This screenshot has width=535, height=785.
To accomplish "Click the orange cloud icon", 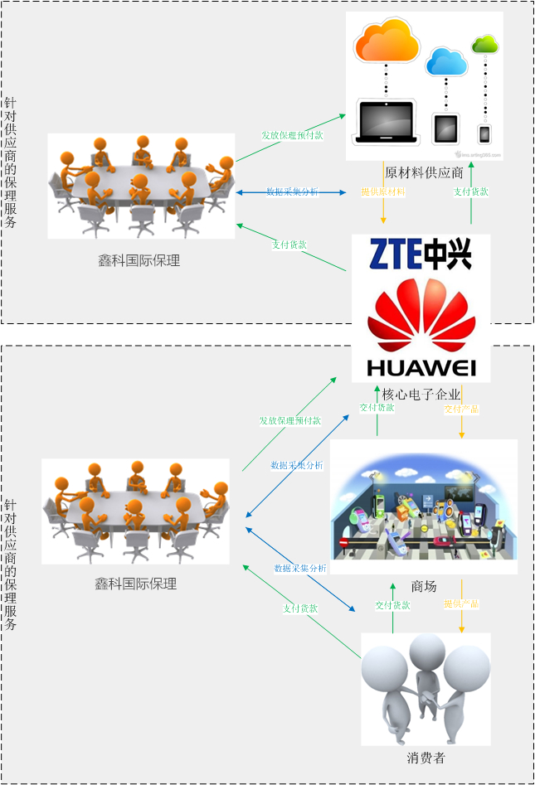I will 387,42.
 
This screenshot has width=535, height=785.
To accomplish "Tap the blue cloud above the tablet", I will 445,62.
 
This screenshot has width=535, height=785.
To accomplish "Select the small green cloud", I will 484,44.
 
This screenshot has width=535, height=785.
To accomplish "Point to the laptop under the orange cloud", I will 385,124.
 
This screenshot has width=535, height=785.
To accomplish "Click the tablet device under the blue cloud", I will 445,128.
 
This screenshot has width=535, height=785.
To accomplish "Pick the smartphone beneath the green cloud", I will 484,133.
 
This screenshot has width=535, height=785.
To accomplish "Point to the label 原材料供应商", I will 424,173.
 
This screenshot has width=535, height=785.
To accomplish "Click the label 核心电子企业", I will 421,394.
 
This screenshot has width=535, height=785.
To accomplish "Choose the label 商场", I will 423,586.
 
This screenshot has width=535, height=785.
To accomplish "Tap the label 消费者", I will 426,758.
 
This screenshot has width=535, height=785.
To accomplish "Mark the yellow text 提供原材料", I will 383,192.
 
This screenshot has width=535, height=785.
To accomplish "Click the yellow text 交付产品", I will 461,409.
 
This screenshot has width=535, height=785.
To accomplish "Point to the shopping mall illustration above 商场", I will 424,506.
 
